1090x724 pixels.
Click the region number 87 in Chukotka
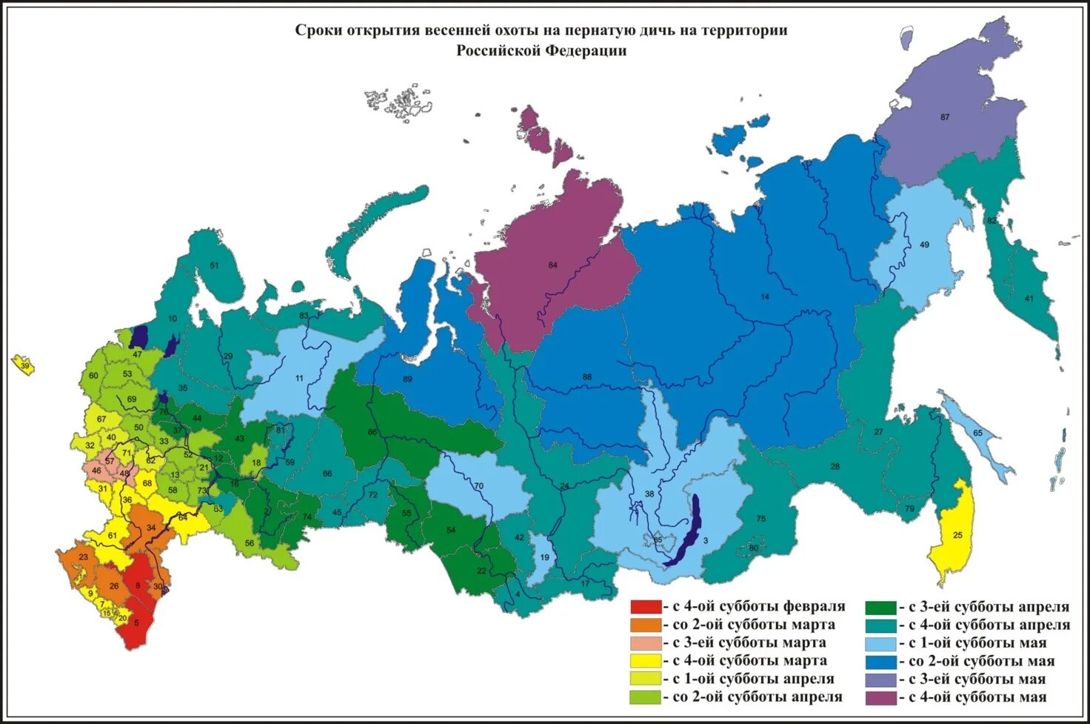pyautogui.click(x=945, y=117)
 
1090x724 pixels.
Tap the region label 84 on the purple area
pyautogui.click(x=552, y=265)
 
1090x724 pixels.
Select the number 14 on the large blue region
pyautogui.click(x=765, y=296)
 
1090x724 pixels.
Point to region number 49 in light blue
pyautogui.click(x=924, y=245)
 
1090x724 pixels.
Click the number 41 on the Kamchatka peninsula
pyautogui.click(x=1029, y=299)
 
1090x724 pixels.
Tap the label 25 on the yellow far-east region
pyautogui.click(x=957, y=535)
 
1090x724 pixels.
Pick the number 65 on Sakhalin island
pyautogui.click(x=977, y=433)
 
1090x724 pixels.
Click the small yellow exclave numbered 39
pyautogui.click(x=24, y=366)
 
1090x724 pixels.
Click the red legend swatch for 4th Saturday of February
pyautogui.click(x=646, y=607)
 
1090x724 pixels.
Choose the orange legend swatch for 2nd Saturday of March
pyautogui.click(x=646, y=625)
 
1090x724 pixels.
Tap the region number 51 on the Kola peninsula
pyautogui.click(x=215, y=265)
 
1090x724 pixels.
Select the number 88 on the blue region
pyautogui.click(x=586, y=377)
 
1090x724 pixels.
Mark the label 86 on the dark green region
pyautogui.click(x=372, y=432)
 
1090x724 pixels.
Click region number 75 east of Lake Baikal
pyautogui.click(x=760, y=519)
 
